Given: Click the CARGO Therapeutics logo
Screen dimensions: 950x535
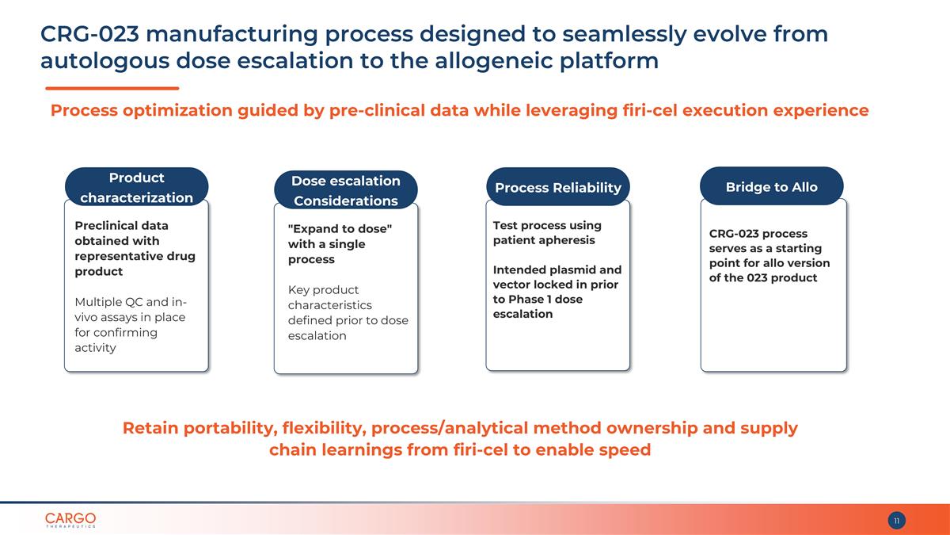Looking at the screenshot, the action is click(70, 520).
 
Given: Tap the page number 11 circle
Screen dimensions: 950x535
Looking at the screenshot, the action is click(896, 521).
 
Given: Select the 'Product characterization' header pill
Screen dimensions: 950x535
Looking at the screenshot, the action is click(136, 187).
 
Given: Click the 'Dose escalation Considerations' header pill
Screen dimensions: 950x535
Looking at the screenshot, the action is click(346, 190).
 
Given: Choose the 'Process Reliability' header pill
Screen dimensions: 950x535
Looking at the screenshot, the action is click(558, 187).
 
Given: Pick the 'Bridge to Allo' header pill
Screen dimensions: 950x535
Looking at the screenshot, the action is click(771, 186).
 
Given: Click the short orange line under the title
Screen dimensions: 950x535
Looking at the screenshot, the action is click(112, 88).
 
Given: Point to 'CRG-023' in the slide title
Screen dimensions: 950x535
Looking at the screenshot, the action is click(90, 34).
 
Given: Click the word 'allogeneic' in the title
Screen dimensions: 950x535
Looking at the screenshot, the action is click(493, 61).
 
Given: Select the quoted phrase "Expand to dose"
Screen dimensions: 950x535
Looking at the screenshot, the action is click(340, 229).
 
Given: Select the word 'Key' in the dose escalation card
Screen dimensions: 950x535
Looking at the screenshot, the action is click(298, 290).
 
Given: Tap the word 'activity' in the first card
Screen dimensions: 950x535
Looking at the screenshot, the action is click(96, 348).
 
